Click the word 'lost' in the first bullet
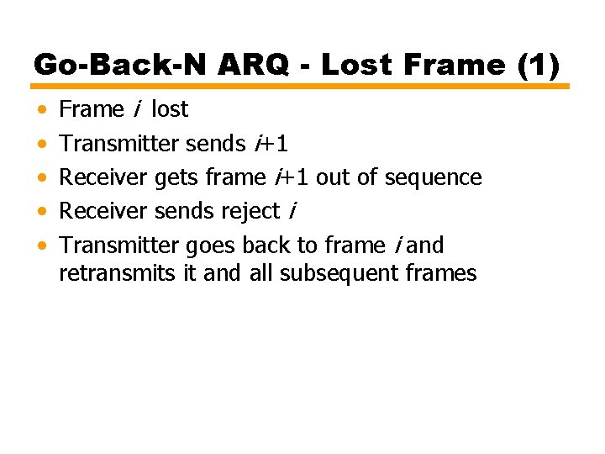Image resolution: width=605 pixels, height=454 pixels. (x=170, y=109)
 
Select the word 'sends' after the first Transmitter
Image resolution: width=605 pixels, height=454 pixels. (x=216, y=144)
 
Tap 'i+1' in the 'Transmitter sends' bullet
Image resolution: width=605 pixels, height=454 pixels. (x=271, y=144)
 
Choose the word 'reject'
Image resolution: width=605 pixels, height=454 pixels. (x=250, y=212)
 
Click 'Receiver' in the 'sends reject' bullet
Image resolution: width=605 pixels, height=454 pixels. (x=105, y=212)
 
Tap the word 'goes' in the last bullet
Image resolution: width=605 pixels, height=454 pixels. (x=211, y=245)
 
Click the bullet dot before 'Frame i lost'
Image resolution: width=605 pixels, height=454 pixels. (x=42, y=110)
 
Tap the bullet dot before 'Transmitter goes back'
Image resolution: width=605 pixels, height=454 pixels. (x=42, y=246)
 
